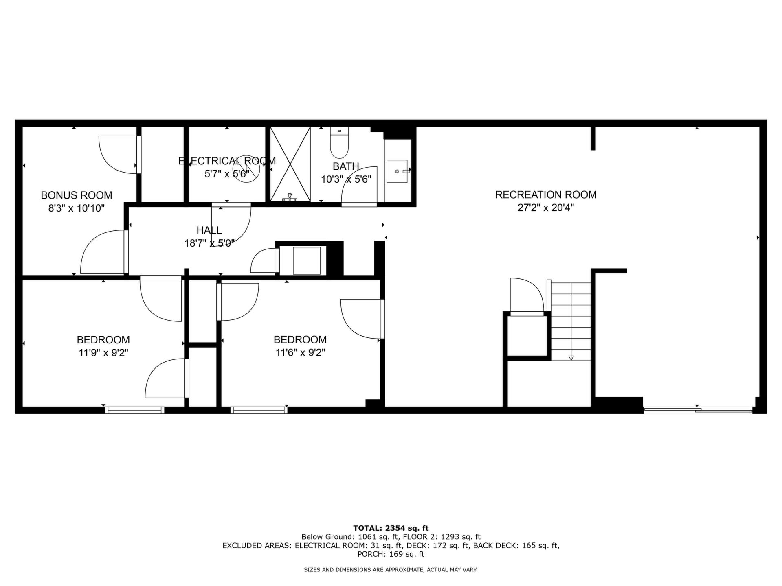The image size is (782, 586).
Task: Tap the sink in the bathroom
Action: tap(397, 171)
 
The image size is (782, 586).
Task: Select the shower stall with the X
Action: tap(290, 164)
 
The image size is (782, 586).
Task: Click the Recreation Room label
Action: tap(546, 195)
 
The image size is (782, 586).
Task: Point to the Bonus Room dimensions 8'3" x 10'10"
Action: tap(77, 208)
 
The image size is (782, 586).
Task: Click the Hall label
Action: tap(209, 230)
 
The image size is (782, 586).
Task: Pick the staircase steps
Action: tap(571, 321)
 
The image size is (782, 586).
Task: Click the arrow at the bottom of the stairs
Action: tap(571, 358)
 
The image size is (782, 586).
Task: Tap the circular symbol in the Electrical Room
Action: tap(246, 169)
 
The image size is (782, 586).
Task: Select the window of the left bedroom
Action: tap(135, 410)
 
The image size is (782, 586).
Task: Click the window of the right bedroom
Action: tap(259, 410)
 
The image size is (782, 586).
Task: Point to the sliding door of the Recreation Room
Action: tap(698, 411)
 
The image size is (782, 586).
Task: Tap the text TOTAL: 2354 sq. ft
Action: tap(391, 528)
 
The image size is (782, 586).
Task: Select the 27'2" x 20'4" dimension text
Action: tap(546, 208)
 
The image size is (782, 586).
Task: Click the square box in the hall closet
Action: tap(307, 260)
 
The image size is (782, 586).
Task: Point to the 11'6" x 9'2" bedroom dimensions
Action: tap(300, 352)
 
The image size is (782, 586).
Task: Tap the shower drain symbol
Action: tap(290, 197)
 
